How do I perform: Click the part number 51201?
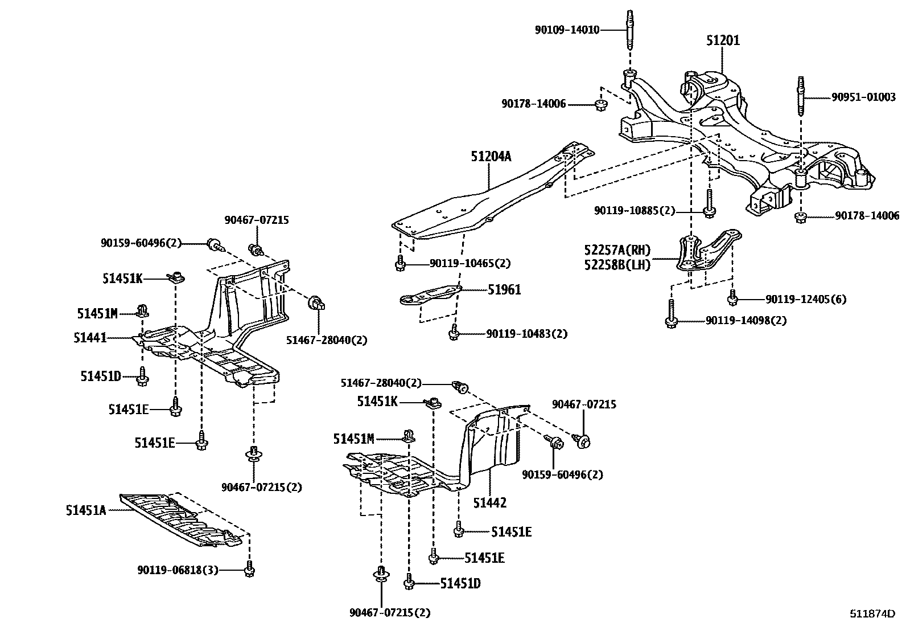click(723, 40)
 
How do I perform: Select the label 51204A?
click(491, 156)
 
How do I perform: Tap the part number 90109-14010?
click(567, 30)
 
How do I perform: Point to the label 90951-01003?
click(863, 97)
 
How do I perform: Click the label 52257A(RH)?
click(617, 250)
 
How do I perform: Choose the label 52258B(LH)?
click(617, 264)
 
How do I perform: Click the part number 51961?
click(504, 290)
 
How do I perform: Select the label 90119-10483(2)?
click(526, 334)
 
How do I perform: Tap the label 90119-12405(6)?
click(805, 299)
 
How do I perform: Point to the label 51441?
click(90, 338)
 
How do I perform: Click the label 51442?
click(489, 502)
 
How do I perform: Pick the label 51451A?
click(86, 510)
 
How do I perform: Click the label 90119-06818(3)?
click(178, 570)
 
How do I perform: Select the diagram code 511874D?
click(872, 613)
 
